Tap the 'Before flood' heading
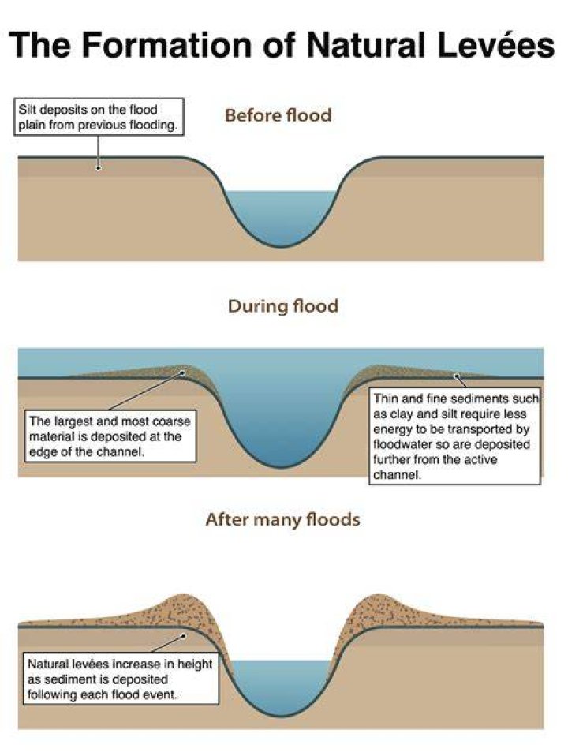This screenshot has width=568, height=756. click(278, 116)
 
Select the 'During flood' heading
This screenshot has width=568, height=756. click(283, 306)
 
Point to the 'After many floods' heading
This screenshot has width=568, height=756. click(283, 520)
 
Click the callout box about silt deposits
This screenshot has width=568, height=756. click(99, 117)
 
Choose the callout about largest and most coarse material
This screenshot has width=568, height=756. click(110, 436)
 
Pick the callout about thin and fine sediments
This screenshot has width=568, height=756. click(454, 436)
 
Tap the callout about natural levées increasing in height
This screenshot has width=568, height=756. click(121, 679)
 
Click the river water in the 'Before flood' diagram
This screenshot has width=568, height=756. click(282, 217)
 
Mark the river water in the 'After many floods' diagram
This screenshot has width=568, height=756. click(282, 686)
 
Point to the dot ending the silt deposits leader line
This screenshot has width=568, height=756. click(99, 168)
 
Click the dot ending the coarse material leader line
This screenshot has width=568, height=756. click(182, 372)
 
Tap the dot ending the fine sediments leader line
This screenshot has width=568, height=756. click(456, 376)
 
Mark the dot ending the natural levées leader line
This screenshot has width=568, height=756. click(183, 636)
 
